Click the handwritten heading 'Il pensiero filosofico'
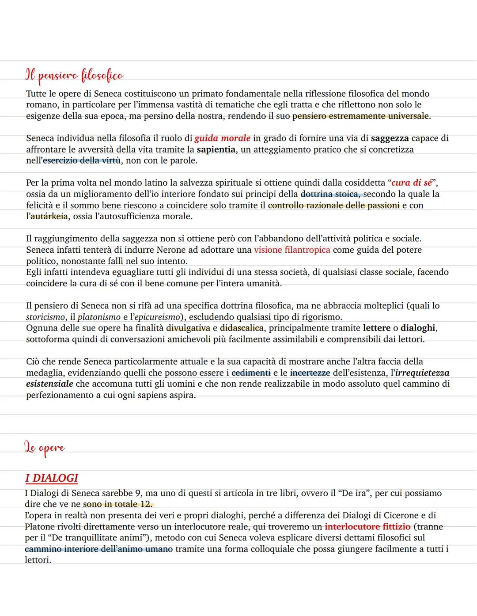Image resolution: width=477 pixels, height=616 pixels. coord(74,76)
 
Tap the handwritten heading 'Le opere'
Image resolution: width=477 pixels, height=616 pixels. coord(45,448)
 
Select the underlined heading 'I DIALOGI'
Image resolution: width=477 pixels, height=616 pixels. coord(51,478)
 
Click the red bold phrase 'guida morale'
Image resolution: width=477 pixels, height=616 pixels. coord(222,138)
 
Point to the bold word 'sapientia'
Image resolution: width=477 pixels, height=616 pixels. coord(216,149)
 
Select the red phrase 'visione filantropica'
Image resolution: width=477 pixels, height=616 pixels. coord(292,250)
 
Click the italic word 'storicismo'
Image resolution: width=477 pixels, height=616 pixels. coord(45,317)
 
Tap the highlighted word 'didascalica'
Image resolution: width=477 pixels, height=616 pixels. coord(242,328)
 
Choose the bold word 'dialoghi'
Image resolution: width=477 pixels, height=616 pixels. coord(418,328)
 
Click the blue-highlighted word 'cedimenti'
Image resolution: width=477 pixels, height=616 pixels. coord(251,373)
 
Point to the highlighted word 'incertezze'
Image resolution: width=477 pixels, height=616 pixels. coord(310,373)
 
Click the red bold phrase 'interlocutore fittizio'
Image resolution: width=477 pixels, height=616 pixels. coord(367,527)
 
